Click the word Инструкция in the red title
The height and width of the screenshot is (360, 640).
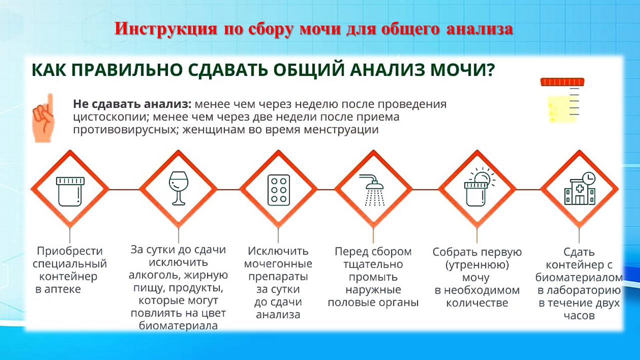(165, 29)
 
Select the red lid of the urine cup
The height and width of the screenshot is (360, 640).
(562, 82)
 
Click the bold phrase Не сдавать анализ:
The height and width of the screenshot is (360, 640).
(132, 103)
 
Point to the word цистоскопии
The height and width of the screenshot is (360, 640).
(109, 117)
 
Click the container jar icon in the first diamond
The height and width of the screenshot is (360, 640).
(70, 191)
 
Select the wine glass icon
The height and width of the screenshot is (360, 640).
(178, 188)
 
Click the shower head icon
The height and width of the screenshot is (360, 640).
(372, 190)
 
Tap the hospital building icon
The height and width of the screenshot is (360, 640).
(579, 192)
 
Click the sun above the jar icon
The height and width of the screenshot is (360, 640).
(483, 177)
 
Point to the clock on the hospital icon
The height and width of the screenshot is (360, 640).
(588, 178)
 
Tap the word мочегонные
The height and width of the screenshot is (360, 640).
(278, 263)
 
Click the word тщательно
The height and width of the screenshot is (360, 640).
(373, 264)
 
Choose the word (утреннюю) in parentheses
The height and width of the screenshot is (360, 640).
(477, 265)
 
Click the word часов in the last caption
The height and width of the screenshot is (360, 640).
(579, 315)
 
